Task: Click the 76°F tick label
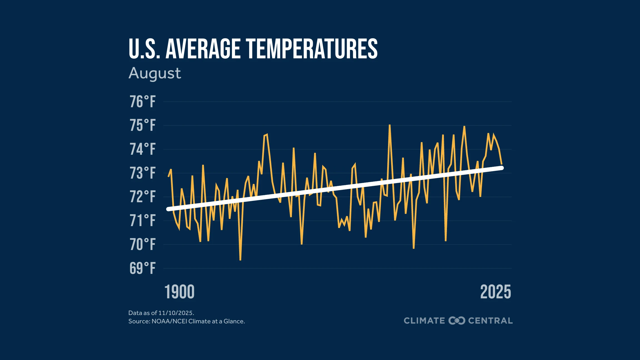pyautogui.click(x=142, y=102)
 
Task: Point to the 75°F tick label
pyautogui.click(x=142, y=125)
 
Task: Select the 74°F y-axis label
pyautogui.click(x=142, y=149)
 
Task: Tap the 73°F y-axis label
pyautogui.click(x=142, y=173)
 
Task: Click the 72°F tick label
pyautogui.click(x=142, y=197)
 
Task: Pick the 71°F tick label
pyautogui.click(x=142, y=221)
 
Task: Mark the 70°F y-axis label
pyautogui.click(x=142, y=244)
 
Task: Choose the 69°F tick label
pyautogui.click(x=142, y=268)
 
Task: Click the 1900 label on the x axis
pyautogui.click(x=179, y=292)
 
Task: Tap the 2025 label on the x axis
pyautogui.click(x=496, y=292)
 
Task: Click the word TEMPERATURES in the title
pyautogui.click(x=312, y=49)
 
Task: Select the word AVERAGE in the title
pyautogui.click(x=203, y=49)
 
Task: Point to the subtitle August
pyautogui.click(x=155, y=74)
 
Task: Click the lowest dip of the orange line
pyautogui.click(x=240, y=260)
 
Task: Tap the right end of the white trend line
pyautogui.click(x=502, y=168)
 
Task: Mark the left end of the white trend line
pyautogui.click(x=168, y=209)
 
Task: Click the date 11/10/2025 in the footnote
pyautogui.click(x=176, y=313)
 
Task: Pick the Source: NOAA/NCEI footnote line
pyautogui.click(x=186, y=321)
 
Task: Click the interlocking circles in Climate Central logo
pyautogui.click(x=457, y=321)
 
